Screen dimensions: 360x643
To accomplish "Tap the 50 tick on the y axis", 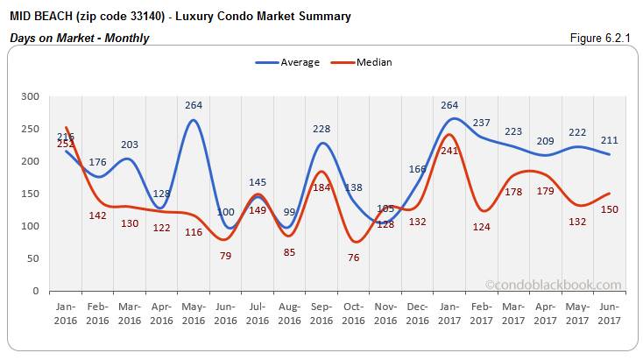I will pos(34,258).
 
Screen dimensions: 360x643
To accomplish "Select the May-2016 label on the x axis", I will pos(194,314).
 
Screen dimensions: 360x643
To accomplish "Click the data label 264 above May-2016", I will pos(194,105).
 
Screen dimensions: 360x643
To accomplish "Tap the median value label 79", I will pos(225,256).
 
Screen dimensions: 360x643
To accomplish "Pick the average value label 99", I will pos(289,212).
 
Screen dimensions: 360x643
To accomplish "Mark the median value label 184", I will pos(321,187).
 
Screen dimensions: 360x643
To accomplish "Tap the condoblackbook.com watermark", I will pos(553,285).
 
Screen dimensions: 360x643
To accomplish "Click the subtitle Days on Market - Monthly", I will pos(79,38).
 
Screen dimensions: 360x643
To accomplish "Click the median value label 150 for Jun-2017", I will pos(610,209).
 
